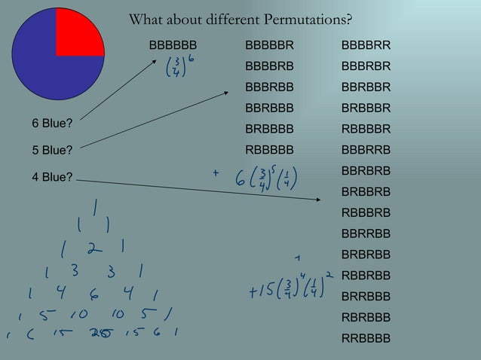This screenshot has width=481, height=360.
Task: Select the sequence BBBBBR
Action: point(269,47)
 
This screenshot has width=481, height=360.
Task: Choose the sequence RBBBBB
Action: point(269,148)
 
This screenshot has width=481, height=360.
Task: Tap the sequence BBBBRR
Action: point(366,47)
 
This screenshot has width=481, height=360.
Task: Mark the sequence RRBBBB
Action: point(366,338)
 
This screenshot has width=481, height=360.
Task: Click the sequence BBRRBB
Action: point(366,233)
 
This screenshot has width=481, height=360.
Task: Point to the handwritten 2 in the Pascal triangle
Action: point(92,248)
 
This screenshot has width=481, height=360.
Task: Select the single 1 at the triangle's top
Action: point(96,205)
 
